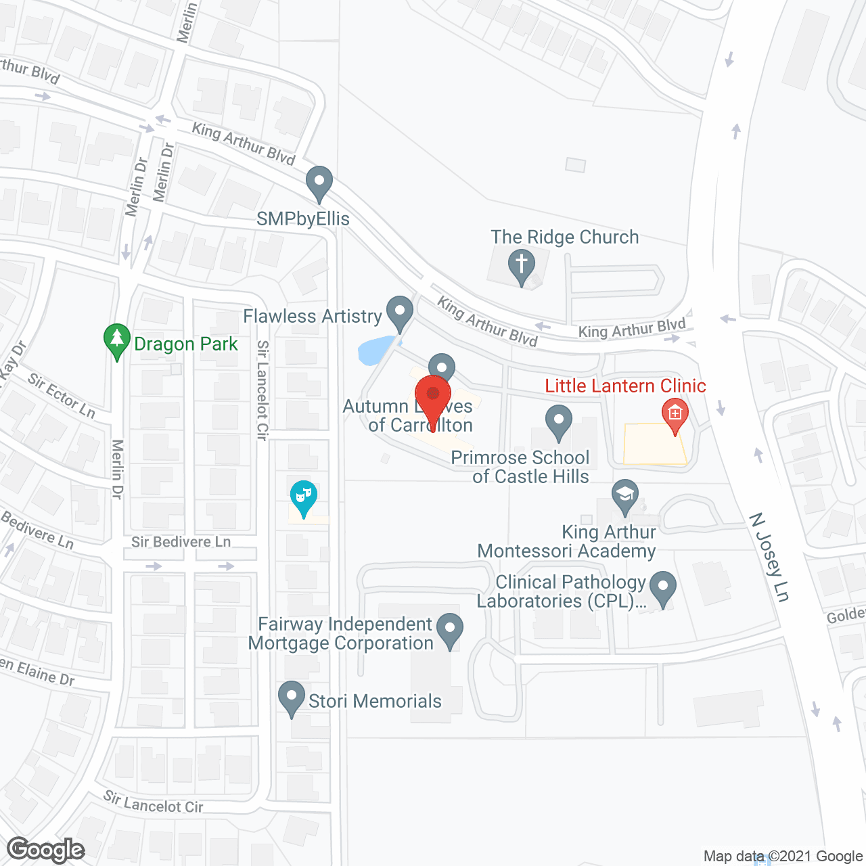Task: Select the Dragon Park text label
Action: tap(186, 344)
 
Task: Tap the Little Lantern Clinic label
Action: tap(625, 386)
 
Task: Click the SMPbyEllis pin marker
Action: tap(319, 183)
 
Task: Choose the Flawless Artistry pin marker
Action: tap(399, 313)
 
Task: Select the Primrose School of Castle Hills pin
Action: tap(558, 421)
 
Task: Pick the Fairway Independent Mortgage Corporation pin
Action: tap(449, 630)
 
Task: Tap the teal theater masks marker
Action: tap(304, 498)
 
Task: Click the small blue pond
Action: tap(374, 350)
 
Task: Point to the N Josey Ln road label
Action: tap(769, 557)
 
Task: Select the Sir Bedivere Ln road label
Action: tap(181, 542)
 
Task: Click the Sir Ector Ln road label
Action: tap(62, 396)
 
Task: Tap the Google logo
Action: tap(46, 850)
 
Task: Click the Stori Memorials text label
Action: tap(375, 702)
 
